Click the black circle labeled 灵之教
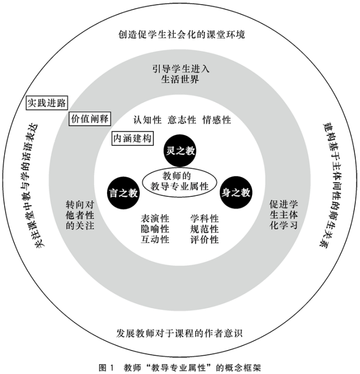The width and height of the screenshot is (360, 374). pos(180,151)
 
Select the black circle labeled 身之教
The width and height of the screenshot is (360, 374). pos(236,193)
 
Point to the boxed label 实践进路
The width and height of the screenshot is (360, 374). pos(47,103)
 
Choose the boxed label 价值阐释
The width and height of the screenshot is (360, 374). pos(90,118)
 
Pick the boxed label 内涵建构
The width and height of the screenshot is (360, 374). pos(133,139)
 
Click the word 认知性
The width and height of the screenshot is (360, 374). pos(147,120)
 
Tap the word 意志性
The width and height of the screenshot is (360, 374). pos(182,120)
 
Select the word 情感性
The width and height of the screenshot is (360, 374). pos(217,120)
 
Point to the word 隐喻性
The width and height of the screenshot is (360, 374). pos(155,229)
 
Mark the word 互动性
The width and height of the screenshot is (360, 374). pos(155,239)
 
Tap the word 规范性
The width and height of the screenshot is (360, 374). pos(205,229)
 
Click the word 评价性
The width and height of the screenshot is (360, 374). pos(205,239)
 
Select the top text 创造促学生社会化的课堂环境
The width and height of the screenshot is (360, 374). pos(180,35)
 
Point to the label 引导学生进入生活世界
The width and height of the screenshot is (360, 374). pos(180,74)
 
